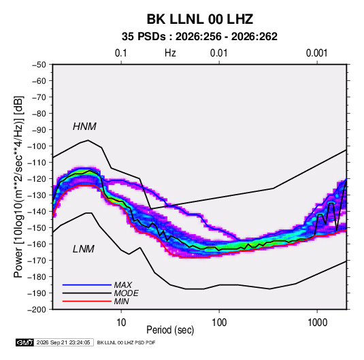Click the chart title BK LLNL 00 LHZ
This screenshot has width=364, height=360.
point(199,19)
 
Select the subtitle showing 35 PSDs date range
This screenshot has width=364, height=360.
point(199,37)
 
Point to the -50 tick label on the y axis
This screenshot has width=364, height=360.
point(39,65)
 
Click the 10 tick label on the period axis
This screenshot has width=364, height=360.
point(121,323)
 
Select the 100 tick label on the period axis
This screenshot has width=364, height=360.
point(219,323)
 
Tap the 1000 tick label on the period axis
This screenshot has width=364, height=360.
point(317,323)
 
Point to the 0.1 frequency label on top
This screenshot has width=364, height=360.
point(121,53)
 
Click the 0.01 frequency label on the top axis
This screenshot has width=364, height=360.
point(218,53)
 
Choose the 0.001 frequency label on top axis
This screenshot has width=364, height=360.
point(316,53)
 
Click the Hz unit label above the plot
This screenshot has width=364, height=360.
point(170,53)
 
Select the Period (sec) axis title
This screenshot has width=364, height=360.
point(170,330)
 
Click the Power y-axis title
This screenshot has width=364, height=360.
point(19,187)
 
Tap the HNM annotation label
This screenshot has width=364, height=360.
point(84,127)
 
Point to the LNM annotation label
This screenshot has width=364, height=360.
point(84,249)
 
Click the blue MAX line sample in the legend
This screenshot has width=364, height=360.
point(87,285)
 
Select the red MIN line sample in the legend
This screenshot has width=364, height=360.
point(87,301)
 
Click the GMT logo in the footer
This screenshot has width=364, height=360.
point(25,342)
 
